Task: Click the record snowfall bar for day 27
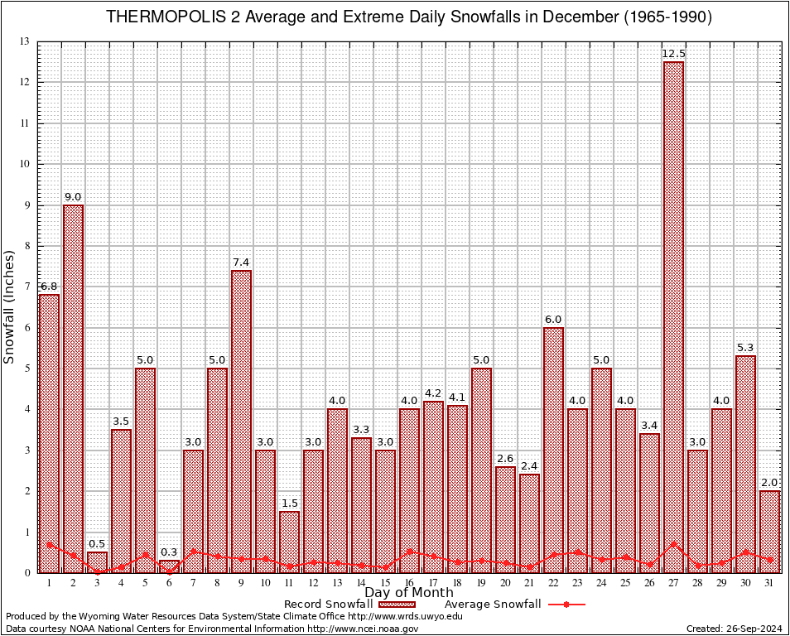point(673,315)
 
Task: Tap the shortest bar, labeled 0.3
point(169,566)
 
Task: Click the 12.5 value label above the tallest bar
point(673,55)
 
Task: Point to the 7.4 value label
point(241,263)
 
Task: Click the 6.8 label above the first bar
point(49,287)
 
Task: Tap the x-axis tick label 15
point(385,583)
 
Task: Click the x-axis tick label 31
point(769,583)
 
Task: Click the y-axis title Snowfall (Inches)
point(10,306)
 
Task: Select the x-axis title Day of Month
point(408,593)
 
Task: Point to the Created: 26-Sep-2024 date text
point(734,629)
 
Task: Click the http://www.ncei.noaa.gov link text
point(363,629)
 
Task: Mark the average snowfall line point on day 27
point(673,544)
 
